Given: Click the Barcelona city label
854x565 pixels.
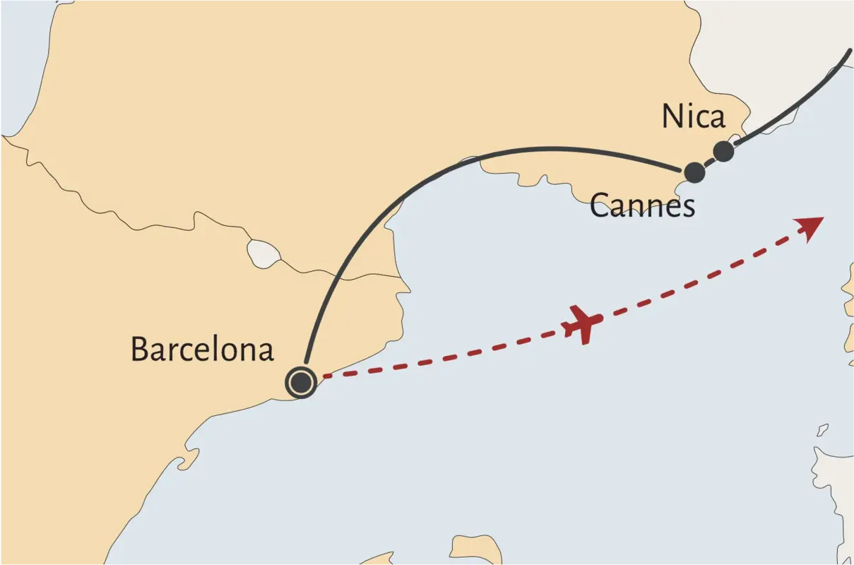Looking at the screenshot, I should point(202,349).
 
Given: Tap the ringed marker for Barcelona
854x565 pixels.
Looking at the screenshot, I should point(301,383).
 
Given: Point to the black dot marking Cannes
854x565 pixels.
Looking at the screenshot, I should point(694,172).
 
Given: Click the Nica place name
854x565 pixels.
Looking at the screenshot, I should point(693,117).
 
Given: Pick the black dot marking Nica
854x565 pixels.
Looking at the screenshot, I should point(723,151).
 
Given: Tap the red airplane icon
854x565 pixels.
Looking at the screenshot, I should point(583,323).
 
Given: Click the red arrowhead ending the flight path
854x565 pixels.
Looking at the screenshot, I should point(812,227).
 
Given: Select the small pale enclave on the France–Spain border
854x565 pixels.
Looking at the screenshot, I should point(261,252).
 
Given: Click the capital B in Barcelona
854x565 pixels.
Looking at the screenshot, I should point(140,349).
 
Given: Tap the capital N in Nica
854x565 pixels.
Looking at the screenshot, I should point(672,117).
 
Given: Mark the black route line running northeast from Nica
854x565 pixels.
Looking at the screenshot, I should point(798,102).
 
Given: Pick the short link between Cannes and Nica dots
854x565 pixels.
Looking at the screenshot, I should point(708,162).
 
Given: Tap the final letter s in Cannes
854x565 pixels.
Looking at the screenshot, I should point(688,207).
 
